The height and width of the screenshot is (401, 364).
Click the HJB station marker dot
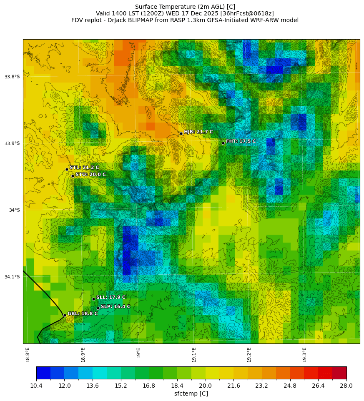tap(181, 133)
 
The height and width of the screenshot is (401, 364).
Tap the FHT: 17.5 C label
tap(241, 141)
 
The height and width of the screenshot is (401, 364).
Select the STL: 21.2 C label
tap(84, 168)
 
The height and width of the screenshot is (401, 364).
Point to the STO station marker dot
tap(73, 176)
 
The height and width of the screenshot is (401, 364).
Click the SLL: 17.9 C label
tap(110, 297)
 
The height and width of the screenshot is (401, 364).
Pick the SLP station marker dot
tap(98, 308)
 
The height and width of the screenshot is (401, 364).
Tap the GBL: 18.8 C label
tap(82, 313)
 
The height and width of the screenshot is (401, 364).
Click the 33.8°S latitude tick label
tap(12, 77)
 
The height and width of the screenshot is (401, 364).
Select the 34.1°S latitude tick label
tap(12, 277)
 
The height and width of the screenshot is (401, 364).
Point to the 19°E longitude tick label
tap(138, 353)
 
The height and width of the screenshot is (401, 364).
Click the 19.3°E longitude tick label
tap(304, 354)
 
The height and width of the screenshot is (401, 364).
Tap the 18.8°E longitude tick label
tap(28, 354)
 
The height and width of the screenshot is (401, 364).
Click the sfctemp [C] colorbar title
tap(191, 394)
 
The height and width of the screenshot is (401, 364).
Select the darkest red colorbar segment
tap(339, 373)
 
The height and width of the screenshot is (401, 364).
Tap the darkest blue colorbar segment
tap(43, 373)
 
